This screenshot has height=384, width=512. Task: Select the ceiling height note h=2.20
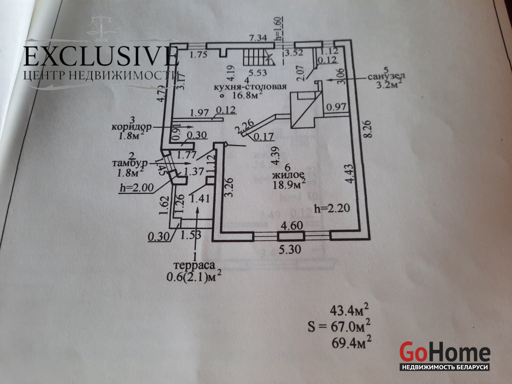(329, 209)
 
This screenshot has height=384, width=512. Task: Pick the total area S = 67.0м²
(339, 327)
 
